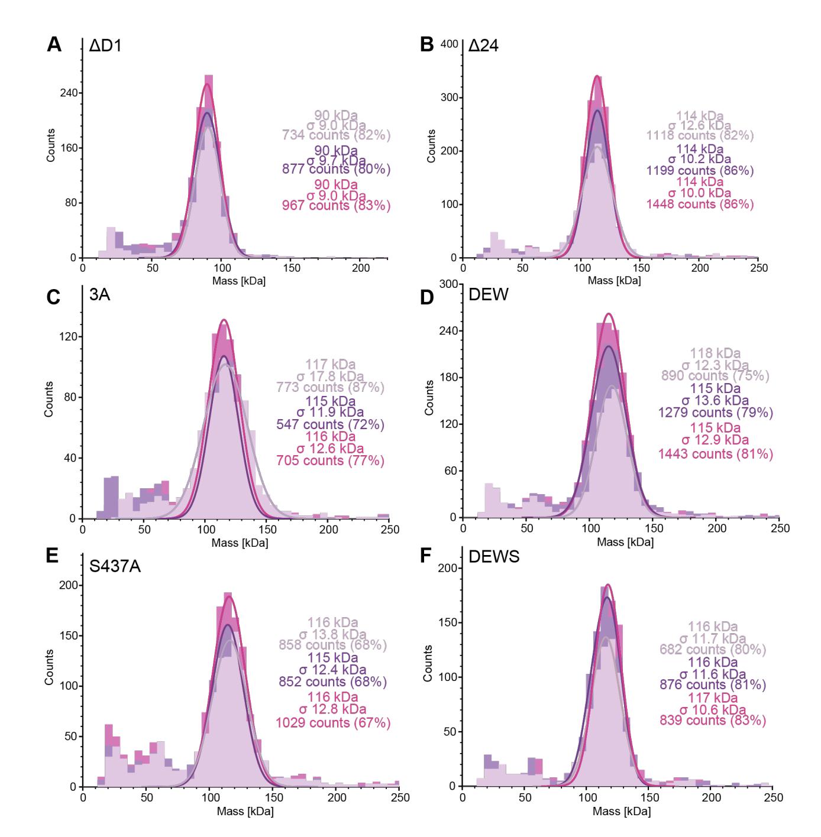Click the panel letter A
[x=54, y=44]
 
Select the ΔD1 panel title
[x=105, y=45]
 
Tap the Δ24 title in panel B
[x=483, y=45]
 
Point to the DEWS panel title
[x=494, y=557]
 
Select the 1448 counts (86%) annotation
[x=700, y=205]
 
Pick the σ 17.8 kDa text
[x=330, y=376]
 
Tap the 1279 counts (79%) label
[x=715, y=413]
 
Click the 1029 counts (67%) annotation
[x=333, y=722]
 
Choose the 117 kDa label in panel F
[x=713, y=698]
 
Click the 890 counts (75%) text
[x=715, y=376]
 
